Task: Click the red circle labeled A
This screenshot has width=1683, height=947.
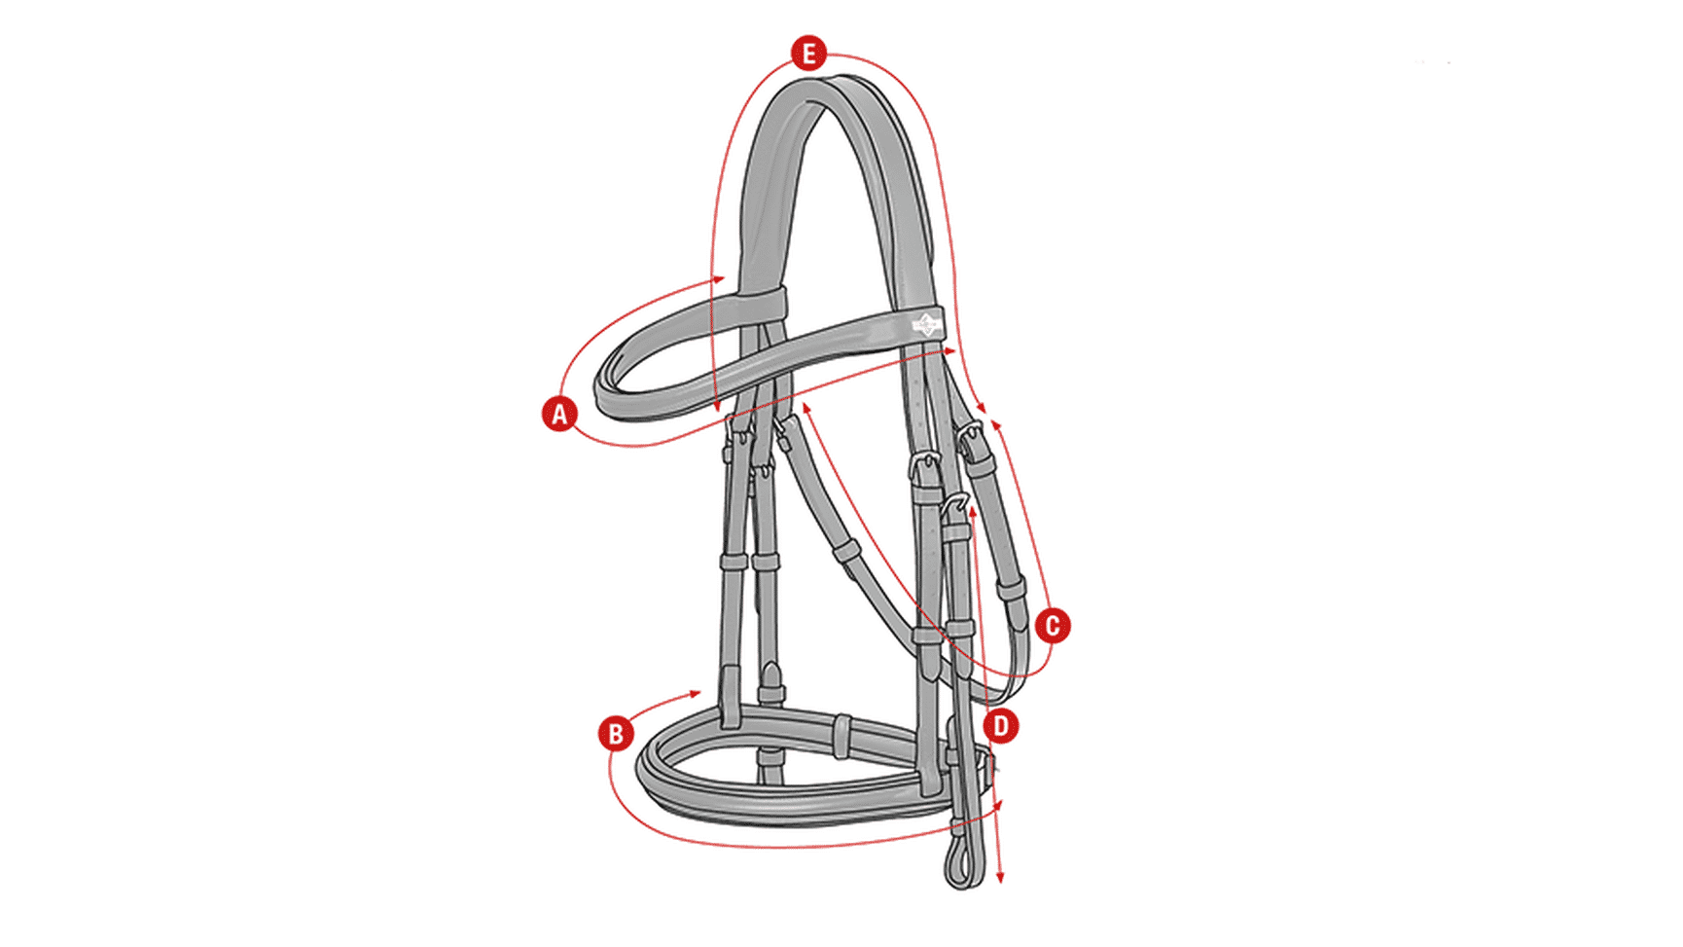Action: (559, 414)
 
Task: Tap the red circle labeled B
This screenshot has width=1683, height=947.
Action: (616, 733)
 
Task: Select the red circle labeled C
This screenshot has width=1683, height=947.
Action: (1052, 626)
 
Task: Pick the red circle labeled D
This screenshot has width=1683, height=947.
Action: (1000, 725)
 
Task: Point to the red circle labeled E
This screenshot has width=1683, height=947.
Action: (808, 54)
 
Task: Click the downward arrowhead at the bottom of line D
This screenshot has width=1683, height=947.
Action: (1000, 878)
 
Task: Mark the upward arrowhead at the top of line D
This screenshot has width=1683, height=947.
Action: (973, 511)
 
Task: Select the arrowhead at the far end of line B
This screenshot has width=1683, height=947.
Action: (996, 805)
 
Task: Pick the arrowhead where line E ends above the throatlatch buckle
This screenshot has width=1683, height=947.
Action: (982, 409)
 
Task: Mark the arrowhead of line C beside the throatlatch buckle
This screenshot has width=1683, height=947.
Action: (995, 425)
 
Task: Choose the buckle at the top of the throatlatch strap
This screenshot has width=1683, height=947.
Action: (971, 436)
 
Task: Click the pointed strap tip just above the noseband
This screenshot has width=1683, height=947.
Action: (770, 672)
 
